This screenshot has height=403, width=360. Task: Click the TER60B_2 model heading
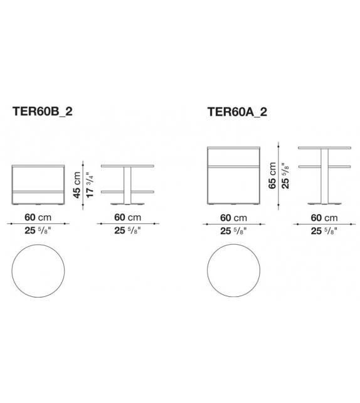pyautogui.click(x=43, y=112)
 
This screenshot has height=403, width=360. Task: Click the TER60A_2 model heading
pyautogui.click(x=237, y=112)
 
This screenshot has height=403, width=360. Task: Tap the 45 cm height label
pyautogui.click(x=77, y=185)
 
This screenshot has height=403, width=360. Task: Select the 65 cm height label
pyautogui.click(x=272, y=176)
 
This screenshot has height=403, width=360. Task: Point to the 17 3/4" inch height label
pyautogui.click(x=90, y=185)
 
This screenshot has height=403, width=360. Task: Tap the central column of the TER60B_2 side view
pyautogui.click(x=127, y=186)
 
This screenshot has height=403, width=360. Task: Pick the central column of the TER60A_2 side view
pyautogui.click(x=325, y=176)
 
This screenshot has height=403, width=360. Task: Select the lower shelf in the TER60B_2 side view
pyautogui.click(x=127, y=191)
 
